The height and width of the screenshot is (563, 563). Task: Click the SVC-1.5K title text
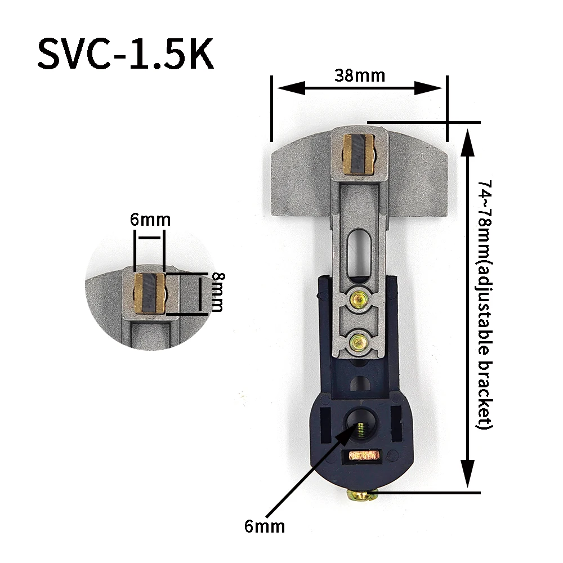126,54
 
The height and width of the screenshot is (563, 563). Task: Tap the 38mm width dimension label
359,76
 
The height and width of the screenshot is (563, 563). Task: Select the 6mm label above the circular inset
150,220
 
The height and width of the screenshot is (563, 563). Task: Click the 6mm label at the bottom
265,526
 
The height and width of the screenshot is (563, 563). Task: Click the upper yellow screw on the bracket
359,298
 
